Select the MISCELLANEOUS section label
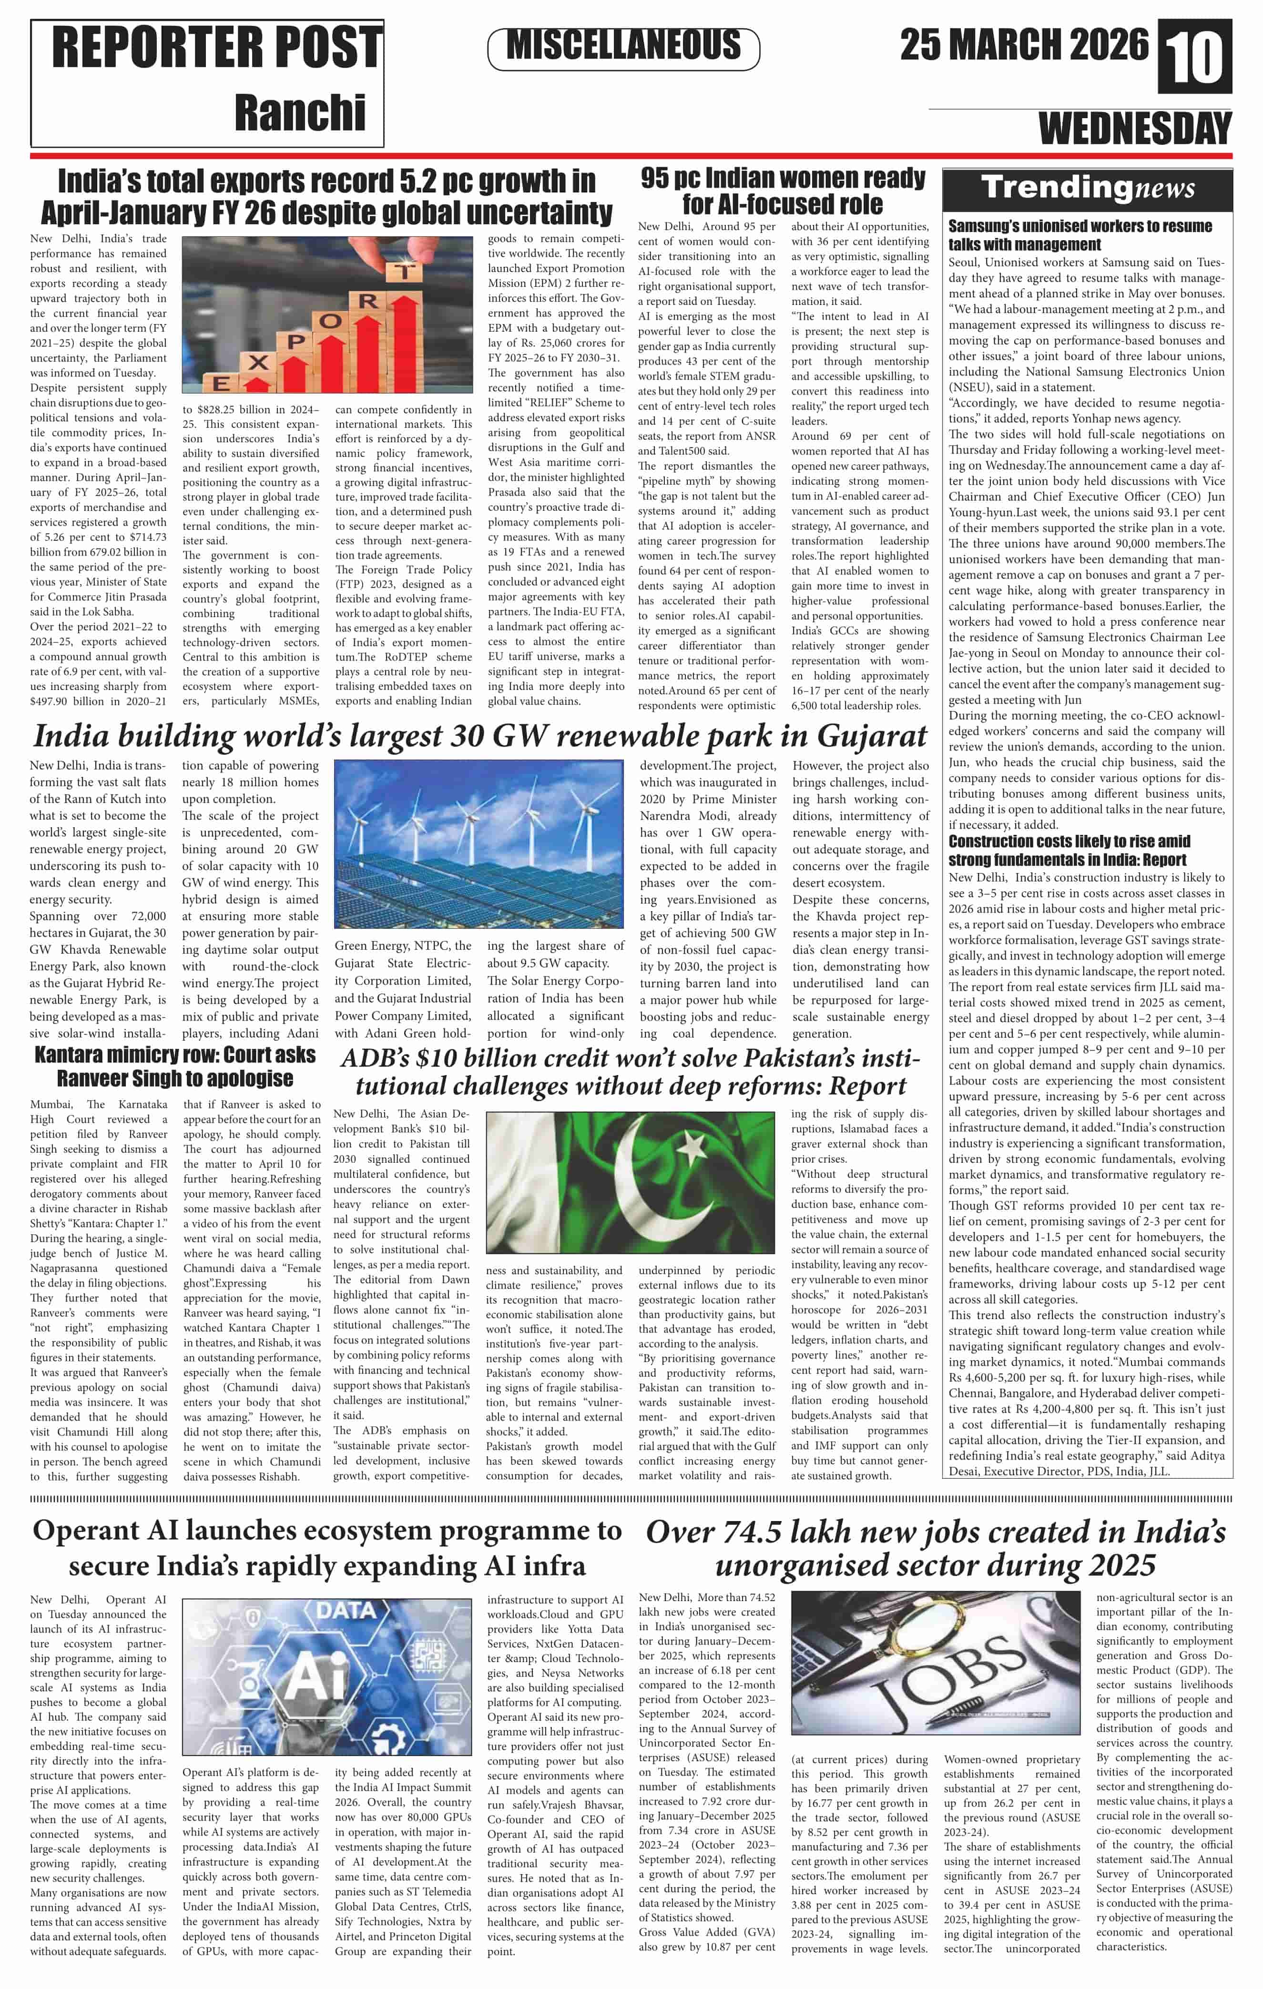624,45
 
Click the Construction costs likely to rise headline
1069,850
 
